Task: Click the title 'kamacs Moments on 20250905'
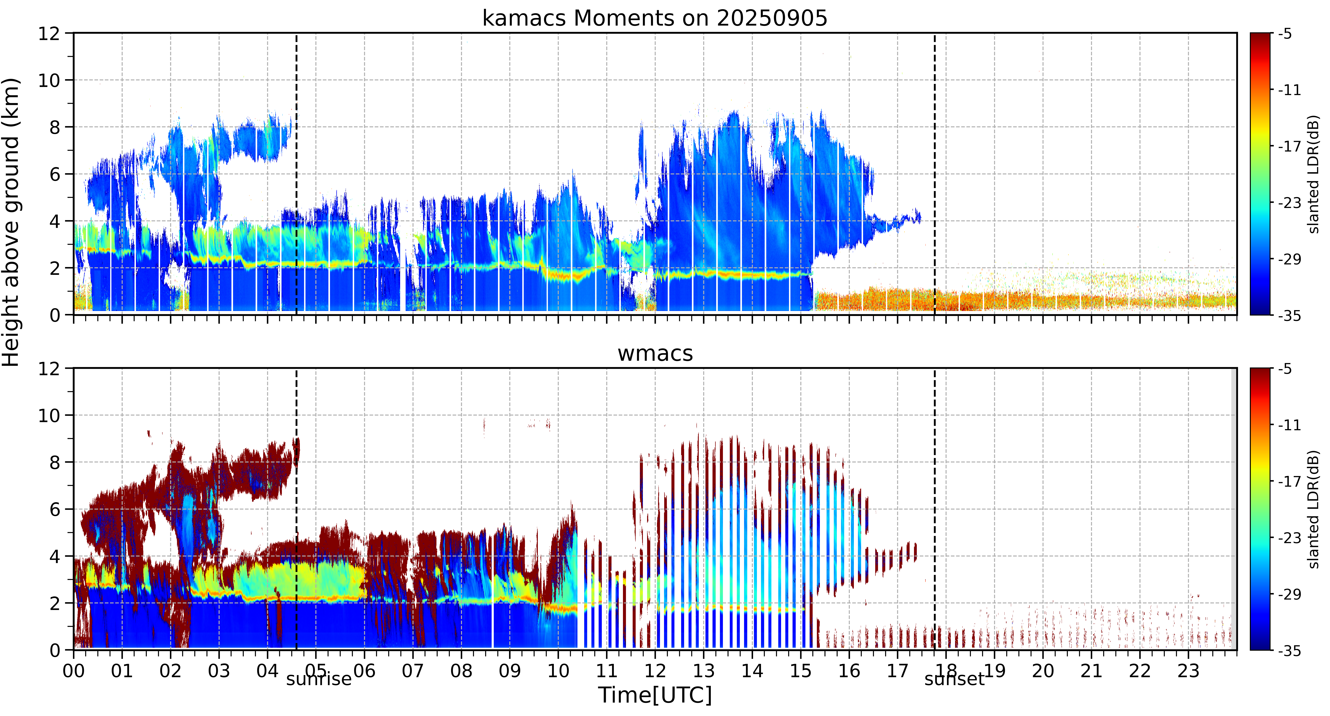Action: (x=655, y=19)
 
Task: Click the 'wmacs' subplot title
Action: (x=655, y=354)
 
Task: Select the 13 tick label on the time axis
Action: (x=704, y=671)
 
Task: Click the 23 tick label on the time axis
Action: (x=1188, y=671)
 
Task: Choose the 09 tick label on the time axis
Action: (x=510, y=671)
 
